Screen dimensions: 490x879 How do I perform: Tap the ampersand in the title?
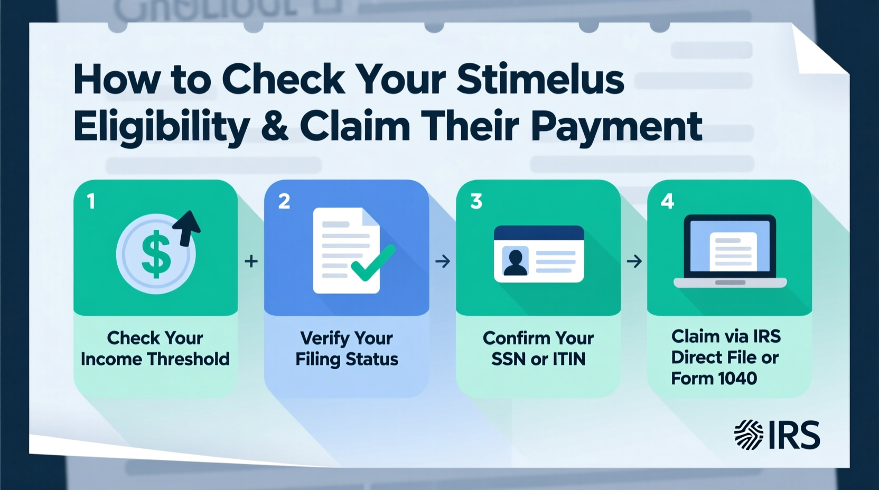click(x=275, y=127)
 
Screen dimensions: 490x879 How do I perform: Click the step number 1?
click(x=91, y=202)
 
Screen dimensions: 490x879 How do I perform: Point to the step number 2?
click(x=284, y=202)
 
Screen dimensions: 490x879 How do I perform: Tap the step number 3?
click(x=476, y=202)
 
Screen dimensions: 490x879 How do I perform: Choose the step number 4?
click(x=667, y=202)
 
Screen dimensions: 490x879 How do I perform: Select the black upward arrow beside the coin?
click(x=188, y=227)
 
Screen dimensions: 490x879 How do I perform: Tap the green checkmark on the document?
click(x=373, y=262)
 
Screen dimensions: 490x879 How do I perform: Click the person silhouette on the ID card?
click(x=516, y=262)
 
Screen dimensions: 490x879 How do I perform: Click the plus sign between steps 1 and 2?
click(x=251, y=261)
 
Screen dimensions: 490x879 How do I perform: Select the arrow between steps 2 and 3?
click(x=443, y=261)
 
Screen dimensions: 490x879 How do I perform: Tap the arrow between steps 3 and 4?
click(x=634, y=261)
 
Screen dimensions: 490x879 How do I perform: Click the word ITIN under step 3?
click(x=569, y=359)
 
